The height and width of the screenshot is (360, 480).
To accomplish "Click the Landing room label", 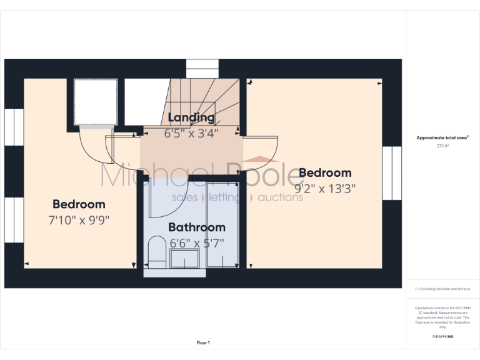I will pos(191,117).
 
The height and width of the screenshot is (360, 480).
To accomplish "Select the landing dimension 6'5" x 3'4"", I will pos(191,133).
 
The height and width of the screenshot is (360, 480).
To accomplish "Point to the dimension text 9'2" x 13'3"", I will pos(325,188).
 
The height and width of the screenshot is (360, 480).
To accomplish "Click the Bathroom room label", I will pos(197,227).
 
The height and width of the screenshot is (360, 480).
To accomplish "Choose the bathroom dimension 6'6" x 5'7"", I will pos(197,242).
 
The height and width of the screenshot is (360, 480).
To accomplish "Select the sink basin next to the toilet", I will pos(185,259).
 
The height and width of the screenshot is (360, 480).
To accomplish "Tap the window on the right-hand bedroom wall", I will pos(391,173).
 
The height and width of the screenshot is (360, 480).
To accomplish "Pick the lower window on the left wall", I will pos(13,219).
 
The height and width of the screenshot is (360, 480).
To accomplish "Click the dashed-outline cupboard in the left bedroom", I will pos(96,101).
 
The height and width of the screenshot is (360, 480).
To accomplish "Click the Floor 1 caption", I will pos(203,342).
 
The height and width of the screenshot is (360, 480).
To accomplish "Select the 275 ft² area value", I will pos(442,146).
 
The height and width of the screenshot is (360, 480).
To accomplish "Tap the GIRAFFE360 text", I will pos(442,337).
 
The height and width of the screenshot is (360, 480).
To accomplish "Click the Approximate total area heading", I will pos(442,137).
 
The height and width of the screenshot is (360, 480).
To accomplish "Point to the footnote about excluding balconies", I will pos(442,289).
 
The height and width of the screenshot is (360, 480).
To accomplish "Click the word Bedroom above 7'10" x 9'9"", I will pos(79,204).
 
